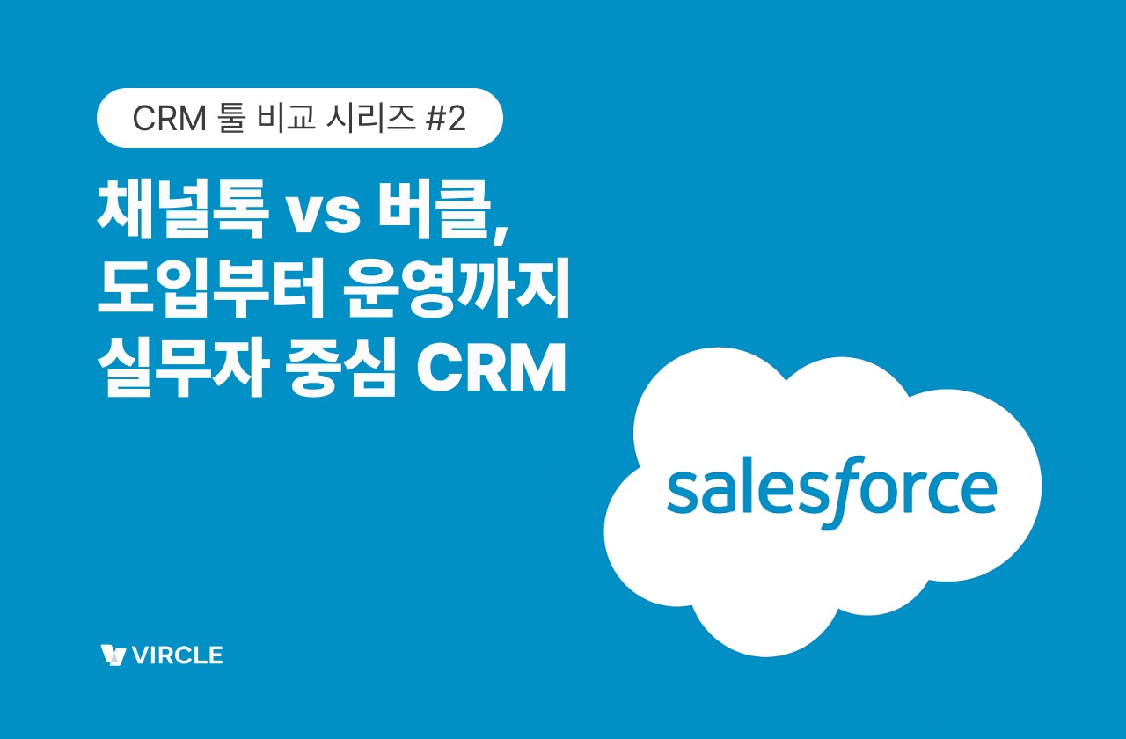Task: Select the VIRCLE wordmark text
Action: (176, 655)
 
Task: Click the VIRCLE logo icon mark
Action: (113, 655)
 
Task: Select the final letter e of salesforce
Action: (979, 495)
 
